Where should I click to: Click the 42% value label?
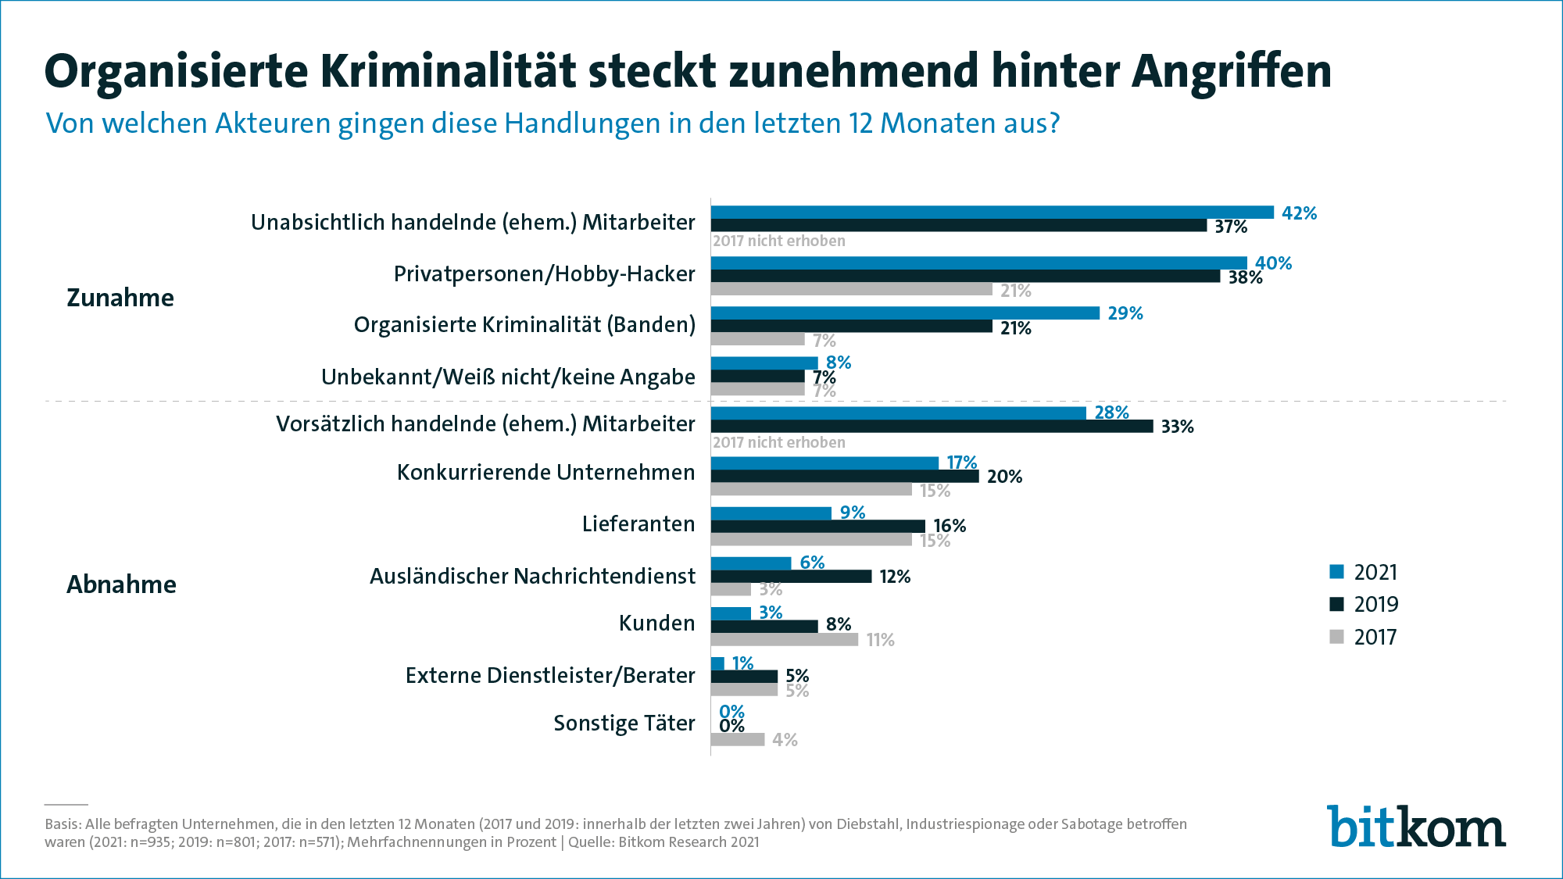pyautogui.click(x=1299, y=213)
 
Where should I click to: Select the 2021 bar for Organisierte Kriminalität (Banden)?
pyautogui.click(x=905, y=313)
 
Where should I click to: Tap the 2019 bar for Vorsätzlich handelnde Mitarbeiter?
pyautogui.click(x=932, y=427)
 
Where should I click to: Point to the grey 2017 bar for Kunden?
pyautogui.click(x=784, y=640)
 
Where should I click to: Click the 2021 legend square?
pyautogui.click(x=1336, y=572)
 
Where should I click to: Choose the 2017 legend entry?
pyautogui.click(x=1363, y=638)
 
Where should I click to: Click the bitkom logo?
pyautogui.click(x=1415, y=827)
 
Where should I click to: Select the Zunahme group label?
pyautogui.click(x=120, y=298)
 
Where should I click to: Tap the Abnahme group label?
pyautogui.click(x=121, y=584)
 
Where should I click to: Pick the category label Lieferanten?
pyautogui.click(x=638, y=524)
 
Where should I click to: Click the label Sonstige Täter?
pyautogui.click(x=624, y=724)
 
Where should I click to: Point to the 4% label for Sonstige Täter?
pyautogui.click(x=785, y=740)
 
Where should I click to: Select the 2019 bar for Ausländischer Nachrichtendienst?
pyautogui.click(x=791, y=577)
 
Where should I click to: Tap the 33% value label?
pyautogui.click(x=1177, y=427)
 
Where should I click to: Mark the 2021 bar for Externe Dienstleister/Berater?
pyautogui.click(x=717, y=663)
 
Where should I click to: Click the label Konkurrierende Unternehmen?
pyautogui.click(x=545, y=473)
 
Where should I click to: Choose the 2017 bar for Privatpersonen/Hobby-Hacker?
pyautogui.click(x=851, y=290)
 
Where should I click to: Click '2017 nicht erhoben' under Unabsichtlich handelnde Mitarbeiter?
pyautogui.click(x=778, y=241)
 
